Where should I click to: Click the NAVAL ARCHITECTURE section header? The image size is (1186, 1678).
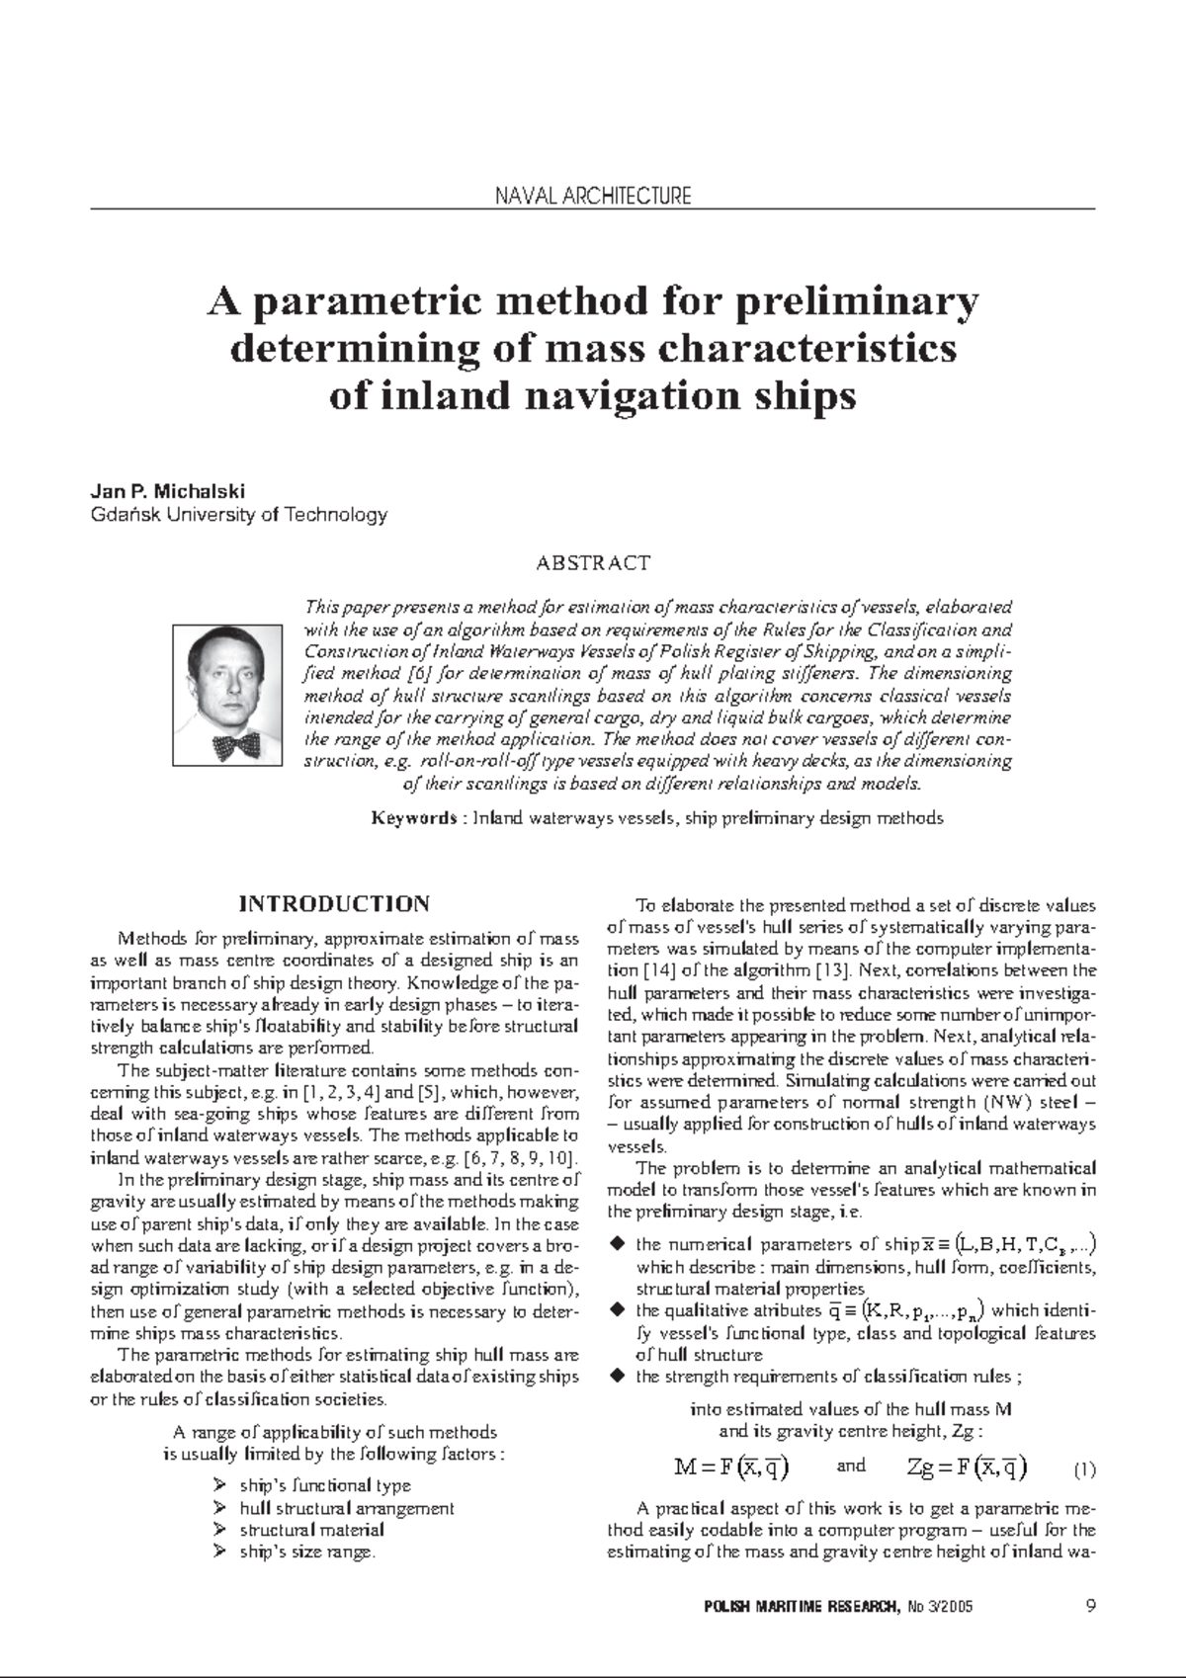592,196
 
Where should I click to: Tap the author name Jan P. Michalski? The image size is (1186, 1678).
167,491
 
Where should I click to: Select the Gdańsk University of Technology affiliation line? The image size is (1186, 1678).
238,515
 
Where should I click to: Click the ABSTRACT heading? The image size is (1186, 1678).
592,563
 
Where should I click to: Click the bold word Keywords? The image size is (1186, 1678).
412,818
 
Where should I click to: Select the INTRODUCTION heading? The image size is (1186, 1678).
334,904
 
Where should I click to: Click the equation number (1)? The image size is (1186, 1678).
1084,1469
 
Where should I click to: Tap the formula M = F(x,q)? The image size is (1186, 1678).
731,1468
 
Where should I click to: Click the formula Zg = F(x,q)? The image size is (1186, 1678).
967,1468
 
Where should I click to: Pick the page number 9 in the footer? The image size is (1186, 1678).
1090,1606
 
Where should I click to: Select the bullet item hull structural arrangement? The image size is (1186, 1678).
346,1508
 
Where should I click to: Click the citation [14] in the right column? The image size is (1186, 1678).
659,970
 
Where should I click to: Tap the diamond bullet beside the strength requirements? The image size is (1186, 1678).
617,1376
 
